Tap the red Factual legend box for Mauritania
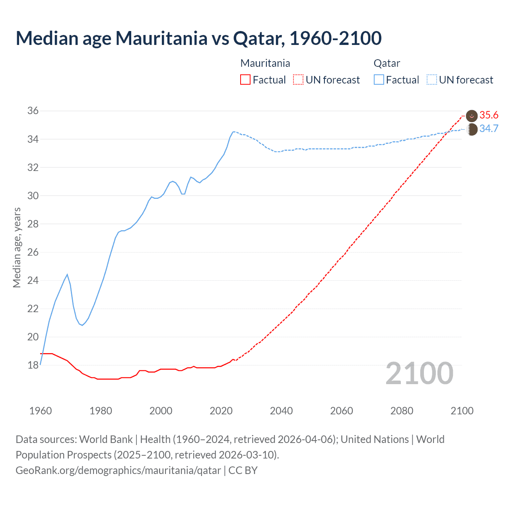coord(245,80)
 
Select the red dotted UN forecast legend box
coord(298,80)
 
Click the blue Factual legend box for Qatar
coord(379,80)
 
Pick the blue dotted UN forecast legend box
coord(431,80)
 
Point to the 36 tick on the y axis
coord(33,111)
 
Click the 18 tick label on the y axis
coord(33,365)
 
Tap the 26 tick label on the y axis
coord(33,252)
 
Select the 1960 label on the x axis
coord(41,411)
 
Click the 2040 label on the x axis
coord(281,411)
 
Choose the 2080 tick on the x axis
coord(402,411)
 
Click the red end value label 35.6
coord(489,115)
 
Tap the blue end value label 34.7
coord(489,129)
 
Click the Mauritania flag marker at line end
coord(472,116)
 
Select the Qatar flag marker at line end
coord(472,129)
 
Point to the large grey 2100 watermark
coord(419,373)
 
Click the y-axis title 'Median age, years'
coord(17,247)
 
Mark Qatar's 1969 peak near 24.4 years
coord(67,274)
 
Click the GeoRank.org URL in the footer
coord(118,470)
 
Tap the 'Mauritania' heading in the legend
coord(265,63)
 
